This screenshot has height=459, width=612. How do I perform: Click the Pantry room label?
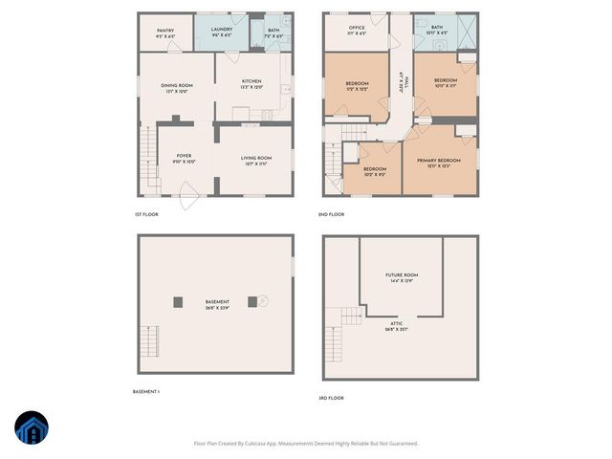pos(164,33)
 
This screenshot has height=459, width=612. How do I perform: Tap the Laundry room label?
pos(223,33)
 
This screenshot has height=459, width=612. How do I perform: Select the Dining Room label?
pos(177,88)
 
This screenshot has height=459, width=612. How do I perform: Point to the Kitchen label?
pos(251,84)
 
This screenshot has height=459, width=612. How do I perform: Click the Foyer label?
pos(185,160)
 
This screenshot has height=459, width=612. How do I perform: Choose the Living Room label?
pos(255,161)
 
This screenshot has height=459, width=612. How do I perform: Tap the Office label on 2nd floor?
pos(357,31)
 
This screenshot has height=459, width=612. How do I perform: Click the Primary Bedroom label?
pos(439,163)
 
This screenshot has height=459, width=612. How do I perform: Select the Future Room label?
pos(402,277)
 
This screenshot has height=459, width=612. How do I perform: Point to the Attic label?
pos(396,328)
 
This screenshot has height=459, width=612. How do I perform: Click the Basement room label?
pos(217,305)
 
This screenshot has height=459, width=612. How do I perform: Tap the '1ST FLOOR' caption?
pos(146,214)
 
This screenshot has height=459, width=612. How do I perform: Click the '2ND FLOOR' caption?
pos(331,214)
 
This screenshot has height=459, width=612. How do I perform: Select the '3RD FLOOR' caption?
pos(331,398)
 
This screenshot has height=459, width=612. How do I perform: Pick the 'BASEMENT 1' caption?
pos(146,392)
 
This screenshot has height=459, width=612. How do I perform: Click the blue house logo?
pos(32,429)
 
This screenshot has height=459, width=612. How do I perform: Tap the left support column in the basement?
pos(178,302)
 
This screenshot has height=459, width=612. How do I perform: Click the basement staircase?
pos(148,340)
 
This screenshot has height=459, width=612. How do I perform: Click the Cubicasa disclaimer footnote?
pos(306,443)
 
